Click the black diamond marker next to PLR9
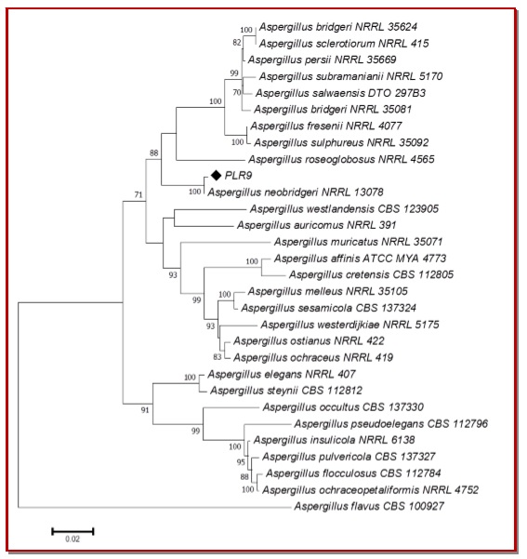point(216,175)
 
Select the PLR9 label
point(238,176)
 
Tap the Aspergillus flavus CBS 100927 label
point(369,506)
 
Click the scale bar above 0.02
point(72,531)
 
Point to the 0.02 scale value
point(72,539)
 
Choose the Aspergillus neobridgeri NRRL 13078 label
point(296,193)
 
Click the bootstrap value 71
point(138,194)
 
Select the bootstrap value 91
point(145,410)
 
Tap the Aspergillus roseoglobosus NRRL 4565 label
point(341,159)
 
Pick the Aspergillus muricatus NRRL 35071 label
point(358,242)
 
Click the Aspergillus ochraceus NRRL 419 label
point(313,357)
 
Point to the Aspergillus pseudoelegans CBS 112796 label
point(391,423)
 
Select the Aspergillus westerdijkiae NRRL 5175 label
point(349,325)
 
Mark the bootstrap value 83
point(217,357)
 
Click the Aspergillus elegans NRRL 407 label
point(282,374)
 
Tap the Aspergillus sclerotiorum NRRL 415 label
point(344,44)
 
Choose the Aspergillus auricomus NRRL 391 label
point(317,225)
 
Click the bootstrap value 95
point(241,462)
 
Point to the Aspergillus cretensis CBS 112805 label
point(371,274)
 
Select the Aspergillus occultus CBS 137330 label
point(343,407)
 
